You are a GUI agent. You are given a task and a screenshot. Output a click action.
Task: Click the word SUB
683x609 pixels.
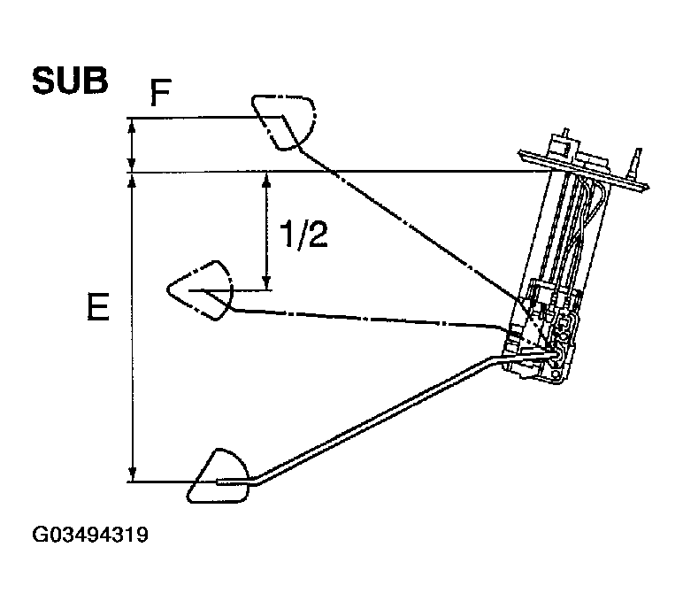click(x=70, y=81)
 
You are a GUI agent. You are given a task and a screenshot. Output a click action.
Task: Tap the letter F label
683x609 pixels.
click(x=159, y=93)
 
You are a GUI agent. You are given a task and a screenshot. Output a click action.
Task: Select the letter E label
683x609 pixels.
click(x=98, y=308)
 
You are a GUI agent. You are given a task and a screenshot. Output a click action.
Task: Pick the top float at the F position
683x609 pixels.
click(x=282, y=119)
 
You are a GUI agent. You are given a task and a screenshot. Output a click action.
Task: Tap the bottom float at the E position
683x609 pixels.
click(x=221, y=478)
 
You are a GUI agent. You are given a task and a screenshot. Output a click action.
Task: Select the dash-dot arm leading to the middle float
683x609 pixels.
click(x=372, y=317)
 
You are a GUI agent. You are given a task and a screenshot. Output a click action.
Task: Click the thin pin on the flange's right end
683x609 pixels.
click(x=634, y=165)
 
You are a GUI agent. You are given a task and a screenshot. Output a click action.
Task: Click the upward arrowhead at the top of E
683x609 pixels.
click(x=132, y=181)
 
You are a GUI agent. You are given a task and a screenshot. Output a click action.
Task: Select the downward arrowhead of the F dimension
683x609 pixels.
click(x=132, y=163)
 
